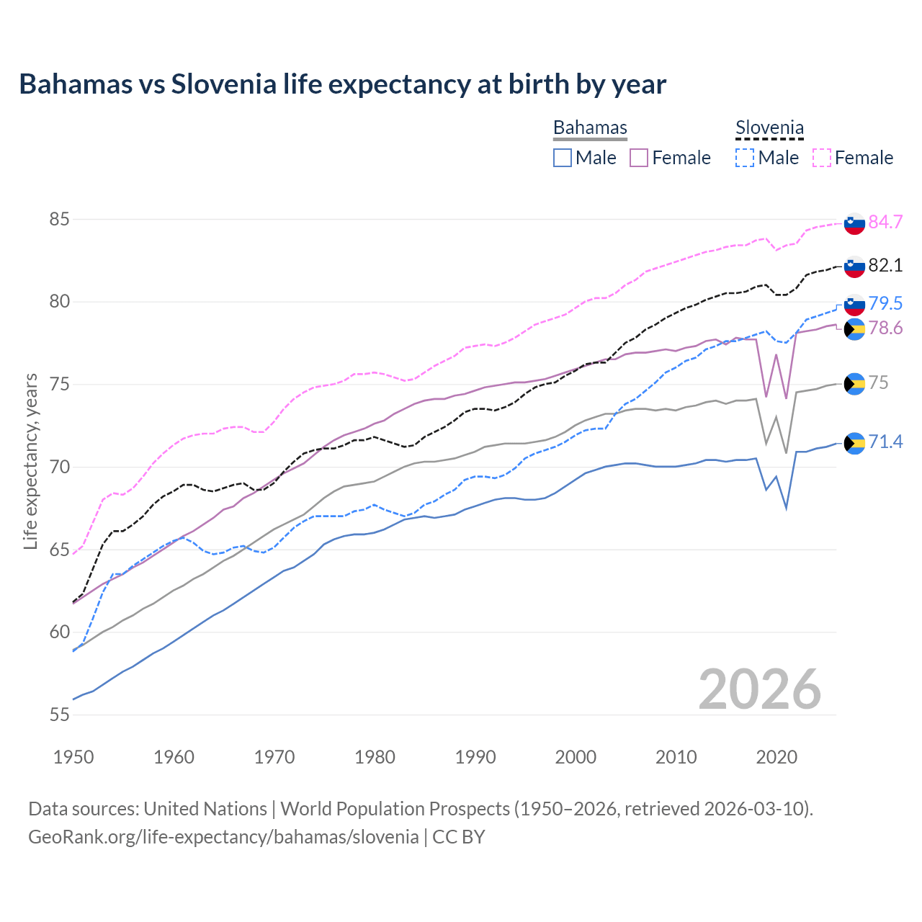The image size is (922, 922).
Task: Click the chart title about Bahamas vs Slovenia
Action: (x=342, y=84)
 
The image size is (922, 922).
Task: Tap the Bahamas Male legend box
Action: (x=563, y=158)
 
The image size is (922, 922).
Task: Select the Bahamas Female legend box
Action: (x=640, y=158)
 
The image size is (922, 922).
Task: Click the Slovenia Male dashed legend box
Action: (x=745, y=158)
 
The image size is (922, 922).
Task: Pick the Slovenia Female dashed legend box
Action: (x=822, y=158)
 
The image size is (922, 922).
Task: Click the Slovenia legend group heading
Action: (x=769, y=128)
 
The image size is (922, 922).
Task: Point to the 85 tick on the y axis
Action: (x=59, y=219)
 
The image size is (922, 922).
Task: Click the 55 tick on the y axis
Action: (x=59, y=715)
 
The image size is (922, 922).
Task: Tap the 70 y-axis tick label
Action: (x=59, y=467)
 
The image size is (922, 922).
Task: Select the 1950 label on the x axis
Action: (x=73, y=757)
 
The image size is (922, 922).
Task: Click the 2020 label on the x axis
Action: (x=776, y=757)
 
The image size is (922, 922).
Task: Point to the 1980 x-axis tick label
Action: (x=375, y=757)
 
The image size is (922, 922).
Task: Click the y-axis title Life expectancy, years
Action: (x=30, y=461)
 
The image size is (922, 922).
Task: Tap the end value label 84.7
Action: (x=885, y=222)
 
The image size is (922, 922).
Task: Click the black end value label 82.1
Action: (x=885, y=265)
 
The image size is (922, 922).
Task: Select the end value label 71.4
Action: (x=885, y=442)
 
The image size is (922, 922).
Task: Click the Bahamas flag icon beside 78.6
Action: (x=854, y=329)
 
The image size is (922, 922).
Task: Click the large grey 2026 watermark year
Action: (x=760, y=689)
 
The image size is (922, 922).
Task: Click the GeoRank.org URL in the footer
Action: (x=223, y=837)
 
